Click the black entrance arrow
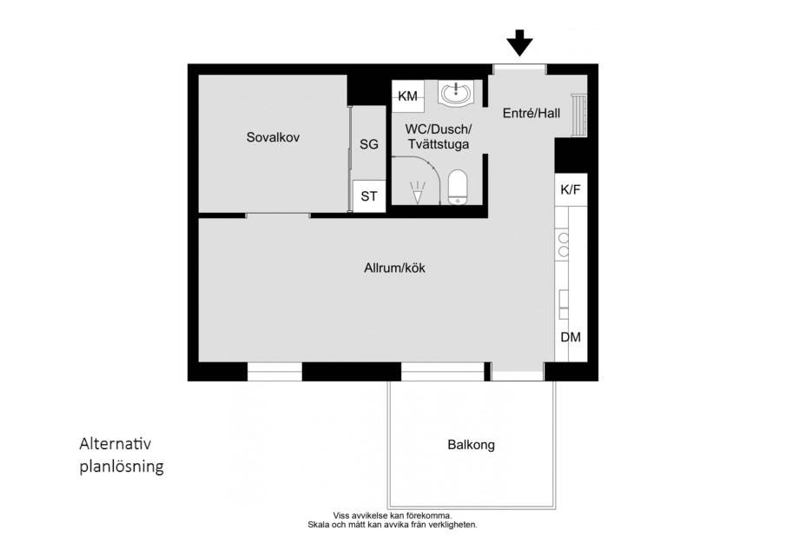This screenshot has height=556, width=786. tap(520, 43)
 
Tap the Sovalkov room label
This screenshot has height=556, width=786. tap(273, 137)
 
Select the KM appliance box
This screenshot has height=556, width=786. tap(408, 96)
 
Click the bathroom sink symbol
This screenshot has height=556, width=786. tap(456, 92)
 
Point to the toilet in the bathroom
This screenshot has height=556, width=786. tap(458, 187)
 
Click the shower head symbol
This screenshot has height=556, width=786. tap(418, 193)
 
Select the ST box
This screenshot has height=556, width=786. tap(369, 196)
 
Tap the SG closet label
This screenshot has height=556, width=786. tap(369, 144)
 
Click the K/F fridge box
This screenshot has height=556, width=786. tap(571, 189)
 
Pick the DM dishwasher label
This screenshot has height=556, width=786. tap(571, 337)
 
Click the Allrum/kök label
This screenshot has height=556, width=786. tap(394, 268)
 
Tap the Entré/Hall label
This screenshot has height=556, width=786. tap(532, 113)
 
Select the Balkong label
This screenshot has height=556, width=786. tap(472, 445)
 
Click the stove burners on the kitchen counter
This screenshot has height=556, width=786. tap(564, 244)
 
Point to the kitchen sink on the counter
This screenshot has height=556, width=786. tap(565, 304)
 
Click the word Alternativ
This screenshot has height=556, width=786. tap(116, 444)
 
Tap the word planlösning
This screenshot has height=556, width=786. tap(122, 467)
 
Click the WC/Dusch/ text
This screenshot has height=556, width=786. tap(439, 129)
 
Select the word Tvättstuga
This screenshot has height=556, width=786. tap(439, 144)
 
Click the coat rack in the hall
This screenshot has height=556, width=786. tap(579, 115)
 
